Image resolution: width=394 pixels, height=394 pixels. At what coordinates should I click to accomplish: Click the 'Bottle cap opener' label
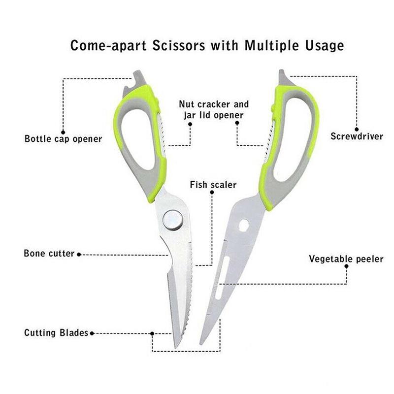click(x=63, y=139)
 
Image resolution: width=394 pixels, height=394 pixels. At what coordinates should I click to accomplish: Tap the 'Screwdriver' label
click(x=357, y=136)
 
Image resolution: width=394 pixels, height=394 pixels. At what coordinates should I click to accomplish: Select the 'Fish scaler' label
click(x=213, y=185)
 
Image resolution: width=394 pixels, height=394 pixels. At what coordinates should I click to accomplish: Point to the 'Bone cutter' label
click(x=49, y=254)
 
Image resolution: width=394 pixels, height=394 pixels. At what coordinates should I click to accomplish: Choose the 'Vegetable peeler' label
click(x=346, y=259)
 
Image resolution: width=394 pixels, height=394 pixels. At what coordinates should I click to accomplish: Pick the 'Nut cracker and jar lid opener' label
click(x=213, y=110)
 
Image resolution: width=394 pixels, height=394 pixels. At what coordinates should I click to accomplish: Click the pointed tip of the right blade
click(x=200, y=343)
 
